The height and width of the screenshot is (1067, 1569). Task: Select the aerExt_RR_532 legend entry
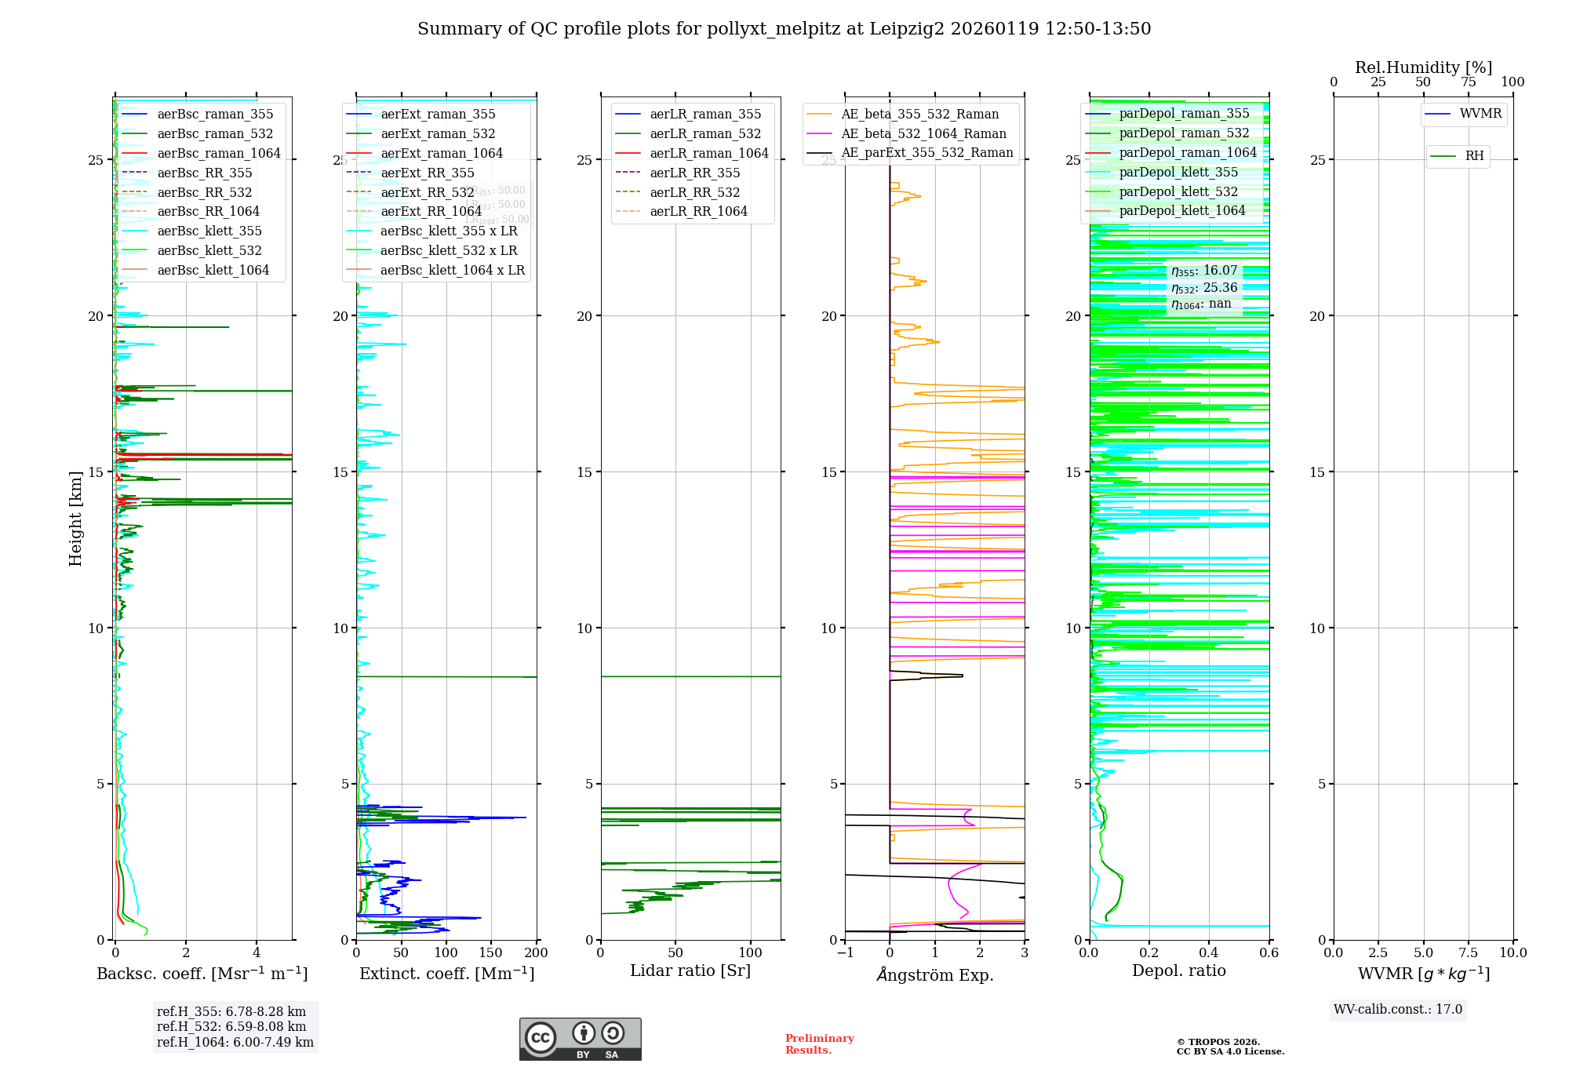[427, 192]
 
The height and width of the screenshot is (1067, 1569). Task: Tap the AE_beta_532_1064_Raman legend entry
[923, 134]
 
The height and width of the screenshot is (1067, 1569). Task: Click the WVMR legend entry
[1480, 114]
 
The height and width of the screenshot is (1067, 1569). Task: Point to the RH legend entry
[1473, 156]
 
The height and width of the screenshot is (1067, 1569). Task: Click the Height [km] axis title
[75, 518]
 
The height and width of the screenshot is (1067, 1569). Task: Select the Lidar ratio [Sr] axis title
[690, 970]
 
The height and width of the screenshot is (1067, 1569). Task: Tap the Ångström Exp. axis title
[934, 974]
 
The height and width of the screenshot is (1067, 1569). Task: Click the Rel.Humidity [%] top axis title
[1423, 67]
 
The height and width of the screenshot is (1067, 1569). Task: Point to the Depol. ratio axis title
[1178, 970]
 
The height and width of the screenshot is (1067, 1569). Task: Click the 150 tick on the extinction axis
[491, 952]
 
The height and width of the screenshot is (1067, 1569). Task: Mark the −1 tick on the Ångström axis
[845, 952]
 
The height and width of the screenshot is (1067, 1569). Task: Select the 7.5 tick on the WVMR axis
[1469, 952]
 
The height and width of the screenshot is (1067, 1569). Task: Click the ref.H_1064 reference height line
[235, 1042]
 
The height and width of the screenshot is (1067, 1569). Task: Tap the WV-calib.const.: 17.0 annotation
[1398, 1009]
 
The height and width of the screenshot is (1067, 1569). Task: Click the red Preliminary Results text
[819, 1043]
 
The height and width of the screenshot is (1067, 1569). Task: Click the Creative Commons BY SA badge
[580, 1039]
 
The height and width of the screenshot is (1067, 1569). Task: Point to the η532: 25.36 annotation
[1203, 288]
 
